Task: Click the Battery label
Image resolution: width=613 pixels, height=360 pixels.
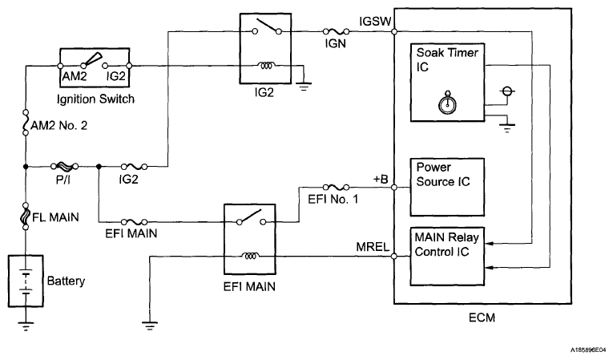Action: pos(66,281)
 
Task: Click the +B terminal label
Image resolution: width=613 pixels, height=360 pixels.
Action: pos(380,179)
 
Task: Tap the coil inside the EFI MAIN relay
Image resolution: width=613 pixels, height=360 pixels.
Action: pos(251,257)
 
